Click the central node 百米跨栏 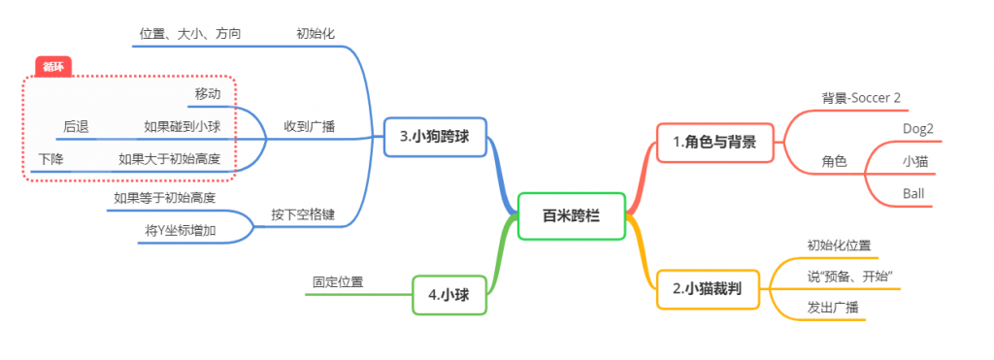tap(572, 216)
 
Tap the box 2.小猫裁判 tap(708, 289)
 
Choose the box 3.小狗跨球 tap(435, 137)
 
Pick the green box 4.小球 tap(449, 295)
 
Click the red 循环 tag tap(53, 67)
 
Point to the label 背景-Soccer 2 tap(861, 98)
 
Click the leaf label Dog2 tap(918, 128)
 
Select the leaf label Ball tap(913, 193)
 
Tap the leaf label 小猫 tap(915, 161)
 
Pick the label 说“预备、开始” tap(850, 277)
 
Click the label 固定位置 tap(338, 282)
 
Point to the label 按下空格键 tap(303, 214)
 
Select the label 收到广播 tap(309, 127)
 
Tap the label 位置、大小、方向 tap(189, 34)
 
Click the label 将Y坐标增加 tap(181, 231)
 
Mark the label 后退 tap(76, 127)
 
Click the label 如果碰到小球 tap(182, 127)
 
